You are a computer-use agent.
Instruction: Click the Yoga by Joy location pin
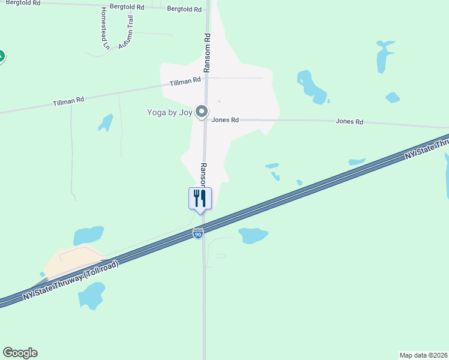(202, 112)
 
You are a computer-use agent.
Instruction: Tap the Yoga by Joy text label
(170, 112)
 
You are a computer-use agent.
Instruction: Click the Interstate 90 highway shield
(198, 233)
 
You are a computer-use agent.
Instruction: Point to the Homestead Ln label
(105, 28)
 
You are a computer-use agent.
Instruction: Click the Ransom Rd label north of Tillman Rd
(206, 53)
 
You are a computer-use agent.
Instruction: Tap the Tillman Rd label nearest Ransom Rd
(185, 82)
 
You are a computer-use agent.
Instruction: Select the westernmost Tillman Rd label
(68, 102)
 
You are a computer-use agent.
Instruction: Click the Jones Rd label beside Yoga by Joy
(225, 120)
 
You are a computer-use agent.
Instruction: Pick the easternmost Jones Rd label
(349, 122)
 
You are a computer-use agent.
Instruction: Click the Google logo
(20, 353)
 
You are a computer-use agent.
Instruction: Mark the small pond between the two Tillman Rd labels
(106, 122)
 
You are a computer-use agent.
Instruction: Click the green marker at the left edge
(1, 57)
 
